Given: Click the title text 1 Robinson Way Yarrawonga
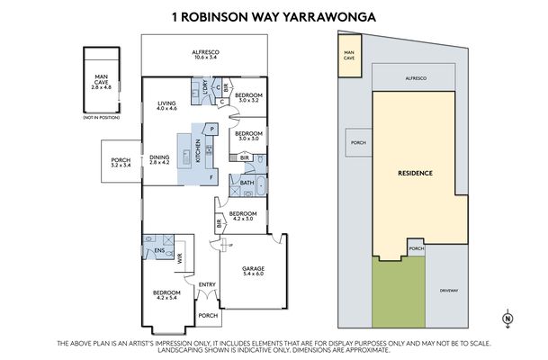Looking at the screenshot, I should [273, 15].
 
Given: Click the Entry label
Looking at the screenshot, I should [207, 285].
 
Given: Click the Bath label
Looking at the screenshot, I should [246, 184].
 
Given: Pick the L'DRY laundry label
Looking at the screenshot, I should [204, 85].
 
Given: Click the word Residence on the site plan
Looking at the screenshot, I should [416, 173].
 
